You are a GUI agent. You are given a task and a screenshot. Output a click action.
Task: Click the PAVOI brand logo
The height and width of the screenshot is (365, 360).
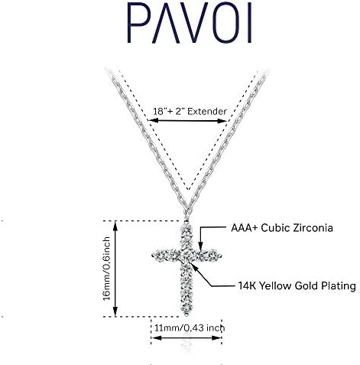pos(190,23)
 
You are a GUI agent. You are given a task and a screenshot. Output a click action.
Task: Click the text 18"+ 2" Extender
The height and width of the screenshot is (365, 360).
pos(190,112)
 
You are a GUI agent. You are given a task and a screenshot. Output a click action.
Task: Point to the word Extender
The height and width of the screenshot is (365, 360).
pos(207,112)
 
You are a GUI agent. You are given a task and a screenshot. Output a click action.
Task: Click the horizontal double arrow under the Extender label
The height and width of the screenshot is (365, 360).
pos(188,121)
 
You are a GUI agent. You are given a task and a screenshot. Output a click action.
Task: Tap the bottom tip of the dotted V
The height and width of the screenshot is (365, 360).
pos(188,190)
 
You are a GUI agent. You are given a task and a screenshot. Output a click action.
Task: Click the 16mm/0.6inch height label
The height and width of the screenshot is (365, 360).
pos(107,269)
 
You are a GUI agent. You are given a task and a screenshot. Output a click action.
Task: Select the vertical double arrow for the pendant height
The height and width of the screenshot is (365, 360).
pos(115,269)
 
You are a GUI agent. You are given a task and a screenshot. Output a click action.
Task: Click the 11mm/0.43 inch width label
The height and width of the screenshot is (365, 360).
pos(190,328)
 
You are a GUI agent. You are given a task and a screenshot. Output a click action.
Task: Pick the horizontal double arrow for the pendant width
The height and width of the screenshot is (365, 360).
pos(186,338)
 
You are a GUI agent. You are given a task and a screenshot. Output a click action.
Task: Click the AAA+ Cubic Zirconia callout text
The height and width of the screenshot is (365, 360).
pos(282,228)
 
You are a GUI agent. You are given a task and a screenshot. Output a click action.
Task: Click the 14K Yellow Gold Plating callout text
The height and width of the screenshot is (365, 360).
pos(297,285)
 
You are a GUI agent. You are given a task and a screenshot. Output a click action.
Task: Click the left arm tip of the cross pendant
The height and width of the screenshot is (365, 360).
pos(153,256)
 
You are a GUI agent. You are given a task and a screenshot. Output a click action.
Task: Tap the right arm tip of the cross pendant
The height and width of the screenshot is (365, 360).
pos(221,256)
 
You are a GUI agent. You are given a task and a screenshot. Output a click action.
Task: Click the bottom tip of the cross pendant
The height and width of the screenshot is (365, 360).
pos(186,314)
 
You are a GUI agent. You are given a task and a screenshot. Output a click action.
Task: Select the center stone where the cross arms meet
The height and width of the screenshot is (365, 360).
pos(187,256)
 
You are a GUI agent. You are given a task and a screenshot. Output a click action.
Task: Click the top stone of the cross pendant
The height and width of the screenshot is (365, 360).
pos(186,227)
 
